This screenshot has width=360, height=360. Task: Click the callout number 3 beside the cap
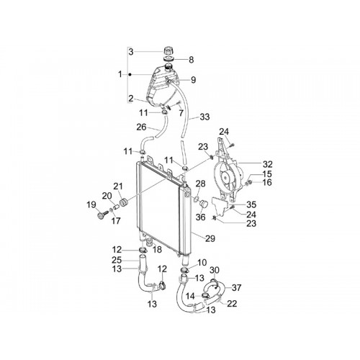(131, 52)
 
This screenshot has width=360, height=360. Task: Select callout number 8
(192, 60)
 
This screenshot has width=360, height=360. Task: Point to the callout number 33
(204, 117)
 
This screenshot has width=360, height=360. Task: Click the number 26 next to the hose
(141, 127)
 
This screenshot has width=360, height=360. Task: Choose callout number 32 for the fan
(268, 164)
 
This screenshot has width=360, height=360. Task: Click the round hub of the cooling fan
(226, 177)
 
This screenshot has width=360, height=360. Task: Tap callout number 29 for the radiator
(210, 238)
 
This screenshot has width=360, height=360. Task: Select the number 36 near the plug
(201, 217)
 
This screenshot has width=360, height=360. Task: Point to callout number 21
(118, 186)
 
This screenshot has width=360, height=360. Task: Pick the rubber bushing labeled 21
(124, 202)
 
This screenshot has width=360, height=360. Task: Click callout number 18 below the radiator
(157, 250)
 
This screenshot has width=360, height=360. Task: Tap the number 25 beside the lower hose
(117, 260)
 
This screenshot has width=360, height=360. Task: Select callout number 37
(236, 287)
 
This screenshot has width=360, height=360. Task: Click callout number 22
(232, 304)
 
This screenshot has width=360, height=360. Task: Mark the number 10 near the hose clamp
(202, 263)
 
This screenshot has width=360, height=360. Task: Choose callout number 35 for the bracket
(251, 204)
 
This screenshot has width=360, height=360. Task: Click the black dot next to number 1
(130, 75)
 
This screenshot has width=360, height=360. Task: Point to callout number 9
(194, 80)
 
